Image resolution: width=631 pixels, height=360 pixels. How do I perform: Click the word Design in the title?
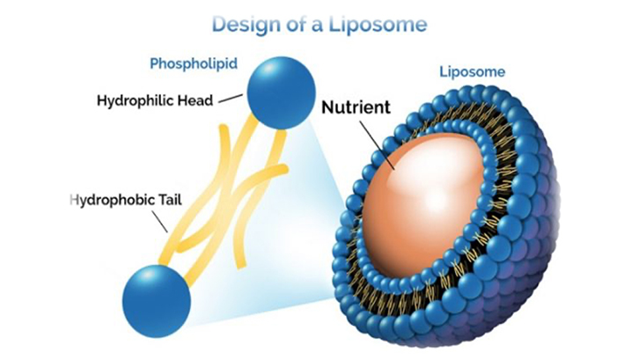246,24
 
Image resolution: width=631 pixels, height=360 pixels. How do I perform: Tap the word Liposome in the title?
378,24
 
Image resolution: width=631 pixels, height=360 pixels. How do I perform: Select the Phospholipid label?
194,64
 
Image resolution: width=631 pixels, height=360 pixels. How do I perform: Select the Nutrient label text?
356,107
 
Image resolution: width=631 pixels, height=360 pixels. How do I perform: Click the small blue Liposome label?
472,72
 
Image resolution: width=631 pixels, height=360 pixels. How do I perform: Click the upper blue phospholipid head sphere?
281,92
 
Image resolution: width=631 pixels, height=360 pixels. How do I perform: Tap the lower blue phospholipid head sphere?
157,301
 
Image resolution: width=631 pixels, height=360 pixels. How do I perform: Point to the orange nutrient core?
423,202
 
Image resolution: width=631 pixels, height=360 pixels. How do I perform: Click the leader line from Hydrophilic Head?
231,99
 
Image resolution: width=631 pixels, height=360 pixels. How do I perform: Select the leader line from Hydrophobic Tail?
160,221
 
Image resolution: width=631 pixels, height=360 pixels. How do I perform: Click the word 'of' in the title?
297,24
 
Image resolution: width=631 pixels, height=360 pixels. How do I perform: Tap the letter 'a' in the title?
318,26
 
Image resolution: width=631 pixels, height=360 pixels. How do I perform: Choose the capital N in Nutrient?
328,107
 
